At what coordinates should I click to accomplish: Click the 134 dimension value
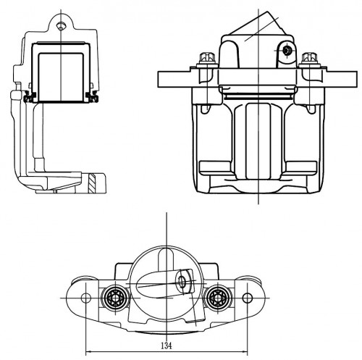167,346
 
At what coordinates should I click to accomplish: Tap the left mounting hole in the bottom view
86,298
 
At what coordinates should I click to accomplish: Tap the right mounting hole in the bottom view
248,298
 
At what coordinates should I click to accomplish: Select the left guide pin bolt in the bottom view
114,298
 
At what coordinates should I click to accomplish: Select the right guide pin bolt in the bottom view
217,298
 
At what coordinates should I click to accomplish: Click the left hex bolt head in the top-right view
207,57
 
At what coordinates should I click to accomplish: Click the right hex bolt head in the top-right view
309,57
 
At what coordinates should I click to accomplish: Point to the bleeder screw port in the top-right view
287,51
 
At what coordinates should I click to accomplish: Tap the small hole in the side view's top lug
61,26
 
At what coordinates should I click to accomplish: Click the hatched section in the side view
92,183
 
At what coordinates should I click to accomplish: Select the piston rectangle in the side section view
61,77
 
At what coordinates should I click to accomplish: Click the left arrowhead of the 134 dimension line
88,351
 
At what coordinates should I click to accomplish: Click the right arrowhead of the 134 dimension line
245,351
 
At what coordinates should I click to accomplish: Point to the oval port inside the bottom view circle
182,282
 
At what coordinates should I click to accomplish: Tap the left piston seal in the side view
30,96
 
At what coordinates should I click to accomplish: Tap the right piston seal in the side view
92,96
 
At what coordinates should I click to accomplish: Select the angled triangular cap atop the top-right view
258,24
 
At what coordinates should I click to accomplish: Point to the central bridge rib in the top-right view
258,141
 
